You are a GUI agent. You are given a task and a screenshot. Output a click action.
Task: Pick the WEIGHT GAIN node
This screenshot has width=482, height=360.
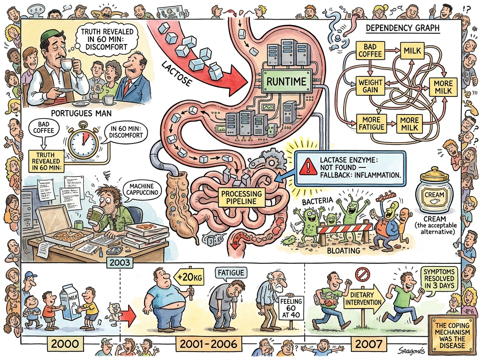point(370,86)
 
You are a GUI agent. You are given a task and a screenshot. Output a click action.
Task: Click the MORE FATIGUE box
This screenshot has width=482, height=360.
point(371,124)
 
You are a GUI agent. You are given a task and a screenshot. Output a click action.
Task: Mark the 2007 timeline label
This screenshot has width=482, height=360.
point(368,344)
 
